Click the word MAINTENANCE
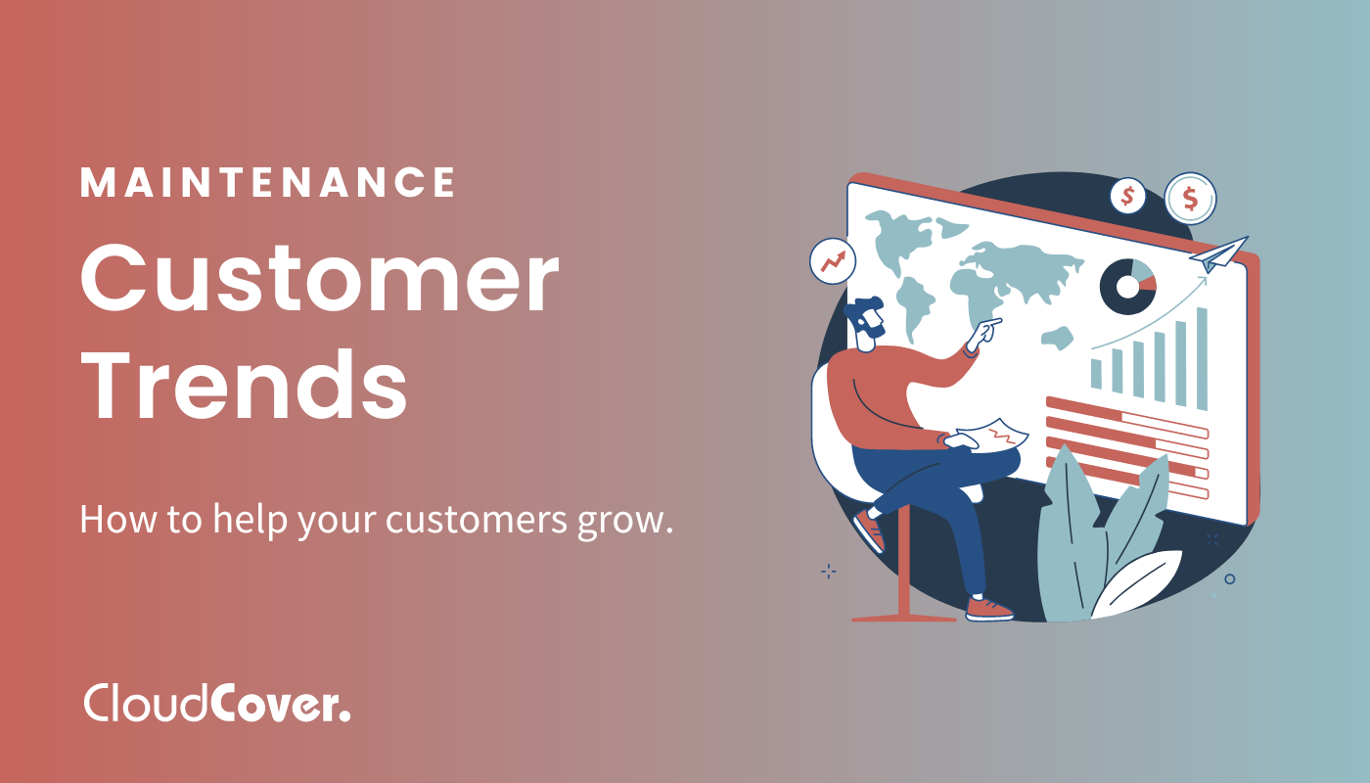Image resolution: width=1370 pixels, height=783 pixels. tap(268, 182)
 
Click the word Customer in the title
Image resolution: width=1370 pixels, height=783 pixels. tap(319, 279)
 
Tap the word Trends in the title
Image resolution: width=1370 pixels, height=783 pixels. tap(244, 385)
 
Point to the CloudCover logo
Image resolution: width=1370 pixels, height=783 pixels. tap(217, 703)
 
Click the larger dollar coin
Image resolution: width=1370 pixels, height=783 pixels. tap(1190, 199)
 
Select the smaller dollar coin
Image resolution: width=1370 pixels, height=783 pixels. tap(1127, 197)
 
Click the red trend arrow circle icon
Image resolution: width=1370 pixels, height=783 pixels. tap(833, 261)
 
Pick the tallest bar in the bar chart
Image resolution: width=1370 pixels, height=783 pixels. tap(1202, 358)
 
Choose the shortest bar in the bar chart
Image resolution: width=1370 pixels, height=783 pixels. tap(1096, 374)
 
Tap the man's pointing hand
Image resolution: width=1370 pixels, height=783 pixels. tap(983, 334)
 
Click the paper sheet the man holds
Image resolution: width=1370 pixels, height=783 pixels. tap(994, 435)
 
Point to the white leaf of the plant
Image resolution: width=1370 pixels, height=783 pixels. tap(1137, 584)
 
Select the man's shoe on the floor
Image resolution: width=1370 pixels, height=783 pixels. tap(988, 609)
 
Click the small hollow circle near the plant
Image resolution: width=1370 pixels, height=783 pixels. tap(1229, 578)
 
